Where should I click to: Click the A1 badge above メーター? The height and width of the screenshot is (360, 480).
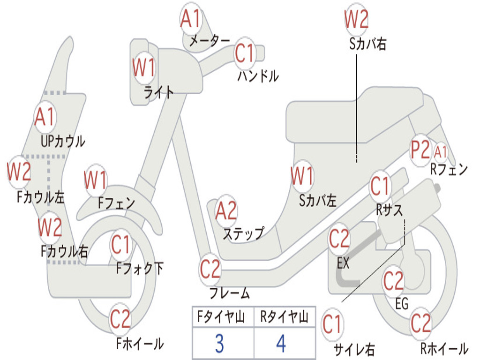click(x=191, y=19)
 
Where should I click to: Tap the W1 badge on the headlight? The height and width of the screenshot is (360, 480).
click(x=143, y=67)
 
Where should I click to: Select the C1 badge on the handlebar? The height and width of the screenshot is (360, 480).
click(x=245, y=53)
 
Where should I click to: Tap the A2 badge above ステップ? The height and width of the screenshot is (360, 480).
click(x=226, y=210)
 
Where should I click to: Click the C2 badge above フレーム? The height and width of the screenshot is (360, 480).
click(x=210, y=269)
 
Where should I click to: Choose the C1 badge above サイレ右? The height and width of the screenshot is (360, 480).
click(x=332, y=325)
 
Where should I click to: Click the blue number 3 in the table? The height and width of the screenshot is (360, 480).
click(x=219, y=344)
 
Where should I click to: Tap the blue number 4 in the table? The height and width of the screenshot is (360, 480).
click(x=281, y=344)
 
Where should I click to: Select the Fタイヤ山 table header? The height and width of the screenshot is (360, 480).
click(x=221, y=317)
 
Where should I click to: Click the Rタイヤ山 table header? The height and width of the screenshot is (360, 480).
click(x=284, y=317)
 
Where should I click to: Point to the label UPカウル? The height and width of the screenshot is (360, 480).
click(x=63, y=142)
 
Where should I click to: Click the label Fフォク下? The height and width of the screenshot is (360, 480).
click(x=140, y=269)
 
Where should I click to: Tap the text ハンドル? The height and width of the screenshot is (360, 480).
click(x=258, y=76)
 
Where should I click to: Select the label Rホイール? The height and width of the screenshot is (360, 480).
click(x=444, y=348)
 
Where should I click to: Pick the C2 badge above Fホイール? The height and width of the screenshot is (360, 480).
click(x=120, y=319)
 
